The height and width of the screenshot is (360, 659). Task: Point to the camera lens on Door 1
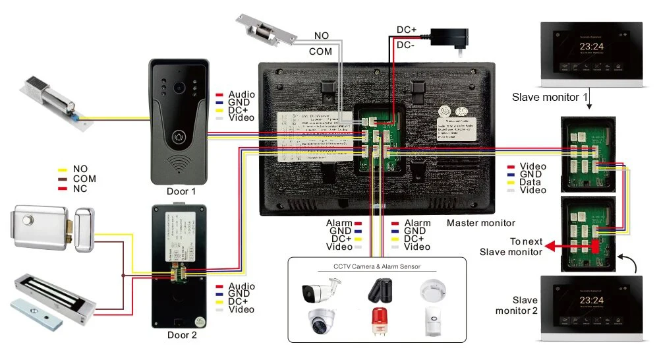[178, 87]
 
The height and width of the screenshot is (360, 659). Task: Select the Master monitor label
[480, 224]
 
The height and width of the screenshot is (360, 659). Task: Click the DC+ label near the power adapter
[405, 30]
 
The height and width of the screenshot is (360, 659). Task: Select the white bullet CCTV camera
[320, 290]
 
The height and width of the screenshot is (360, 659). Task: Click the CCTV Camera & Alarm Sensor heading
[377, 267]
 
